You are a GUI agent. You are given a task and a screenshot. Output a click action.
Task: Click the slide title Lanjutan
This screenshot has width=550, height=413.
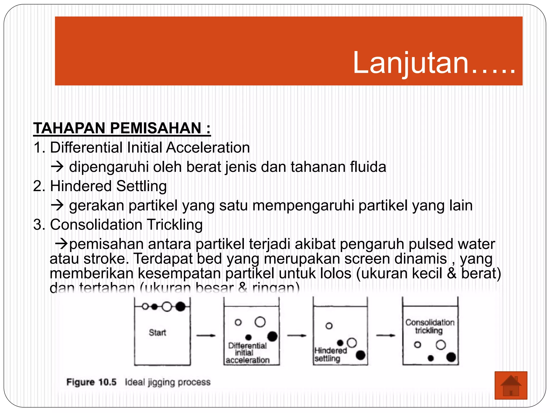coord(434,63)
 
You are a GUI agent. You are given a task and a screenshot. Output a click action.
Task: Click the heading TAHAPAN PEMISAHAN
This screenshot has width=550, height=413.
coord(122,128)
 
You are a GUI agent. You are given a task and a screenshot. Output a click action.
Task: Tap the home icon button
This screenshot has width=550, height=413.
coord(511,385)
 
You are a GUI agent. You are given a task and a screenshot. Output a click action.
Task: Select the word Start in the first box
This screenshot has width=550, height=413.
coord(157,333)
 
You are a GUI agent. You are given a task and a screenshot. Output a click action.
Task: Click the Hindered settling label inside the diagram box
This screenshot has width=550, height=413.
coord(330,354)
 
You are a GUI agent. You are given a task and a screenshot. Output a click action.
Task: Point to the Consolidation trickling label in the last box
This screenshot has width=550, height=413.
coord(430,326)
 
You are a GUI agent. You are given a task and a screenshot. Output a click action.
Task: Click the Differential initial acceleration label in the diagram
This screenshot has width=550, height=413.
coord(247,353)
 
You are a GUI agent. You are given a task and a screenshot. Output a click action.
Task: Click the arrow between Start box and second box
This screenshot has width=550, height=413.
coord(206,335)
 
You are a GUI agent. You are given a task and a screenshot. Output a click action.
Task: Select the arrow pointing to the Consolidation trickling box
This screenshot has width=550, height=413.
coord(385,335)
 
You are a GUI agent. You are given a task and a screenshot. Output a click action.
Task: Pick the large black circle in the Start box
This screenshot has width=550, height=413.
coord(180,307)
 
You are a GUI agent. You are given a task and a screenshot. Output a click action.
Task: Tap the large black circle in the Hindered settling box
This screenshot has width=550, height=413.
coord(360,355)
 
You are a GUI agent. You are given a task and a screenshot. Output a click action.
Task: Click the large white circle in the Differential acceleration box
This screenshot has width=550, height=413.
coord(260,322)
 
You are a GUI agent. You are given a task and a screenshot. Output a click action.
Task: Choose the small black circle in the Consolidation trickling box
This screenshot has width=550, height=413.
coord(431,358)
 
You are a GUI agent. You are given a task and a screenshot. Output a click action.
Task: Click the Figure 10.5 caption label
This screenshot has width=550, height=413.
coord(91,382)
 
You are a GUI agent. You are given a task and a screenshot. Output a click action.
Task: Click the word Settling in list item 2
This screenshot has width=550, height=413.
coord(142,186)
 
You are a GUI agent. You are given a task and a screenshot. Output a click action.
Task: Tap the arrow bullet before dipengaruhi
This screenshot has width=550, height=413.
coord(57,167)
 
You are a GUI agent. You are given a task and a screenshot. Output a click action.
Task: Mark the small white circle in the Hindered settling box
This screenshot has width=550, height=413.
coord(329,326)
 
